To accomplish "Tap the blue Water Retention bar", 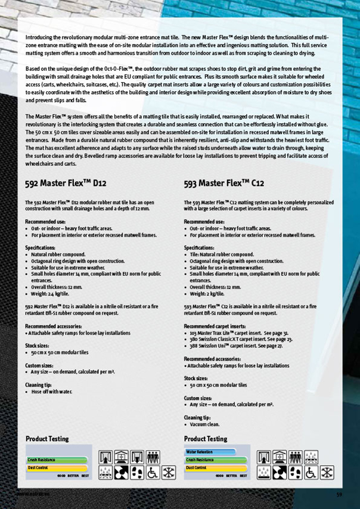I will coord(200,452).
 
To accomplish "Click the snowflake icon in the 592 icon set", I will coord(169,473).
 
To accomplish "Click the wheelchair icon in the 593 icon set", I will coord(312,473).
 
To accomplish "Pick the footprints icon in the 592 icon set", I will coord(137,473).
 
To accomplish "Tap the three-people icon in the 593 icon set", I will coord(296,457).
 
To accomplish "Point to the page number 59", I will coord(339,494).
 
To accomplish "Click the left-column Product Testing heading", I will coord(47,439).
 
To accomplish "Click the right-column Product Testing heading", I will coord(206,439).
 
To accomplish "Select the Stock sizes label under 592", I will coord(36,345).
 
